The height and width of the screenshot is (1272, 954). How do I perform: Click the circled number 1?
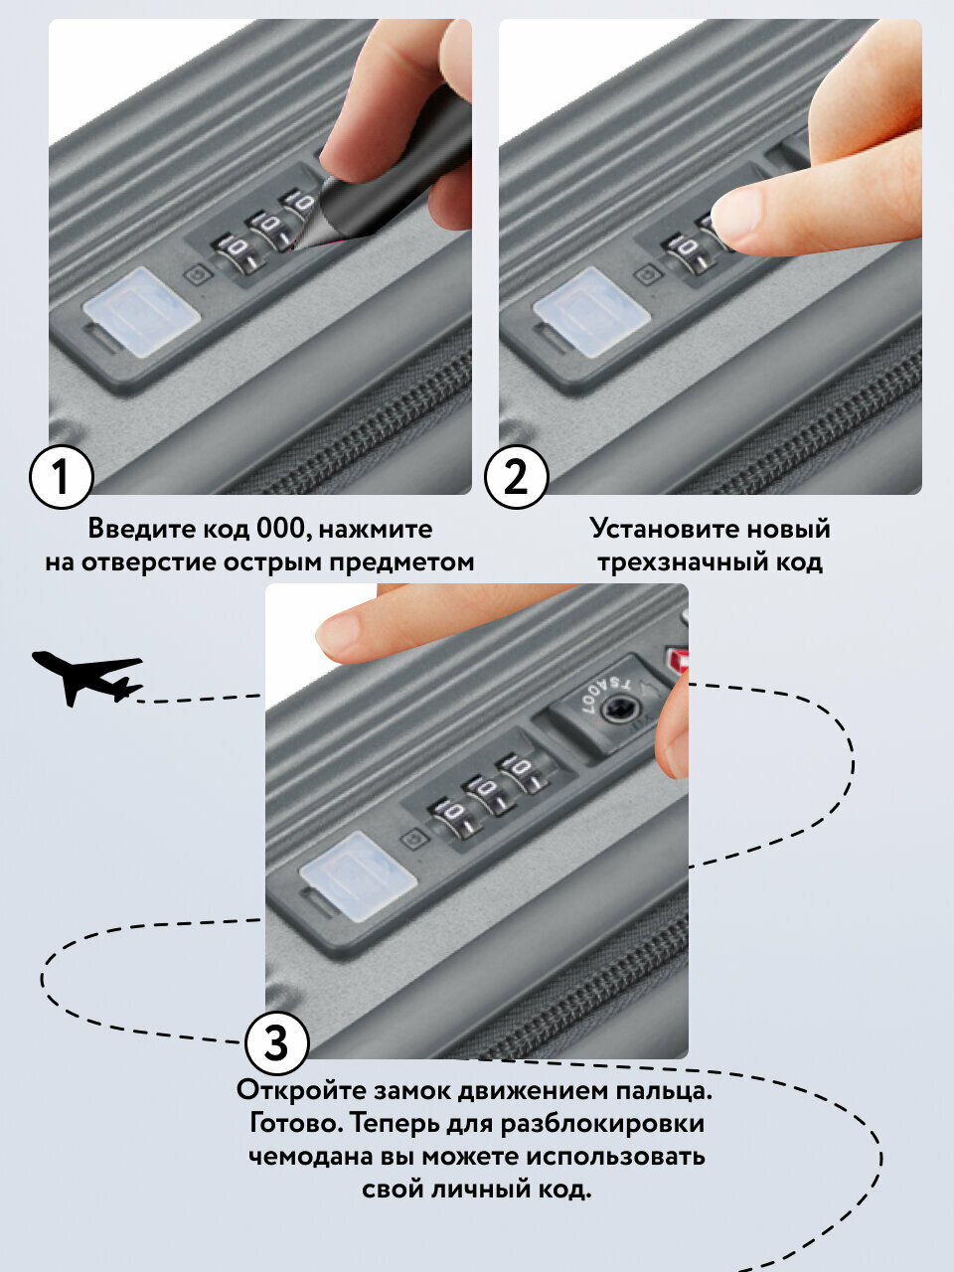pyautogui.click(x=61, y=477)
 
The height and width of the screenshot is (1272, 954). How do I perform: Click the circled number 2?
pyautogui.click(x=515, y=477)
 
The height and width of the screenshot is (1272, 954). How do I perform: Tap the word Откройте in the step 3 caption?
pyautogui.click(x=301, y=1090)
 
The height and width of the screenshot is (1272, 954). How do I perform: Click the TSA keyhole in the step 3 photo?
pyautogui.click(x=621, y=709)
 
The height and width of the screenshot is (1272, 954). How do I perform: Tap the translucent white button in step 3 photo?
pyautogui.click(x=357, y=874)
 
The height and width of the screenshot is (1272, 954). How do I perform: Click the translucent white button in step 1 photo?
pyautogui.click(x=141, y=311)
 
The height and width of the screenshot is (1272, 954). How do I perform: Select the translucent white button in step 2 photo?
pyautogui.click(x=591, y=311)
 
